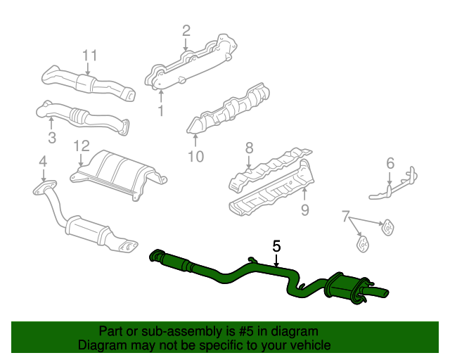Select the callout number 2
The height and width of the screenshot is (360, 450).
tap(186, 30)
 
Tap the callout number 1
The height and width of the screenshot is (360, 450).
tap(160, 111)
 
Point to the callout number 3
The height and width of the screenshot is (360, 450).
tap(51, 137)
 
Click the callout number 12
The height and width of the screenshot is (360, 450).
tap(82, 146)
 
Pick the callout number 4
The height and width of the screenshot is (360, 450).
tap(43, 162)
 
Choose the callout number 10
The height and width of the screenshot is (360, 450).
tap(196, 157)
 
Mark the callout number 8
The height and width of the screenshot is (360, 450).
tap(248, 148)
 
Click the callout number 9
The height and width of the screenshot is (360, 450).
tap(304, 209)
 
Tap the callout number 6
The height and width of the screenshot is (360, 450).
tap(390, 164)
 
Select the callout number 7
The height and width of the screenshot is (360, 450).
tap(345, 214)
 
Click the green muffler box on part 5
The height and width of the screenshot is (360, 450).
tap(342, 289)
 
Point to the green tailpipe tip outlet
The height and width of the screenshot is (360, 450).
tap(383, 291)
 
